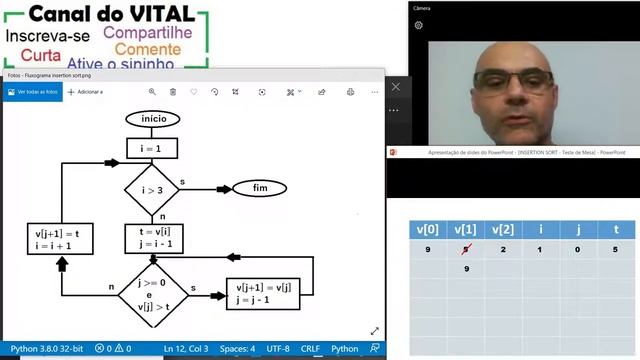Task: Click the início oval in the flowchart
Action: (x=153, y=119)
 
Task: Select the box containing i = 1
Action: (x=152, y=148)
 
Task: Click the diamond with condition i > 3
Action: (x=152, y=188)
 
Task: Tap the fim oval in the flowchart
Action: (x=260, y=188)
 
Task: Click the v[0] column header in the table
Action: (x=427, y=229)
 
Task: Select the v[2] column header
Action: (x=504, y=229)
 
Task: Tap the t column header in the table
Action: (x=616, y=229)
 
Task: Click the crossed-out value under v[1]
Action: (x=466, y=250)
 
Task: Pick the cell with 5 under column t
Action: (x=616, y=250)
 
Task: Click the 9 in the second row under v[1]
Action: (x=466, y=269)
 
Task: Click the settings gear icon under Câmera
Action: (x=418, y=25)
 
